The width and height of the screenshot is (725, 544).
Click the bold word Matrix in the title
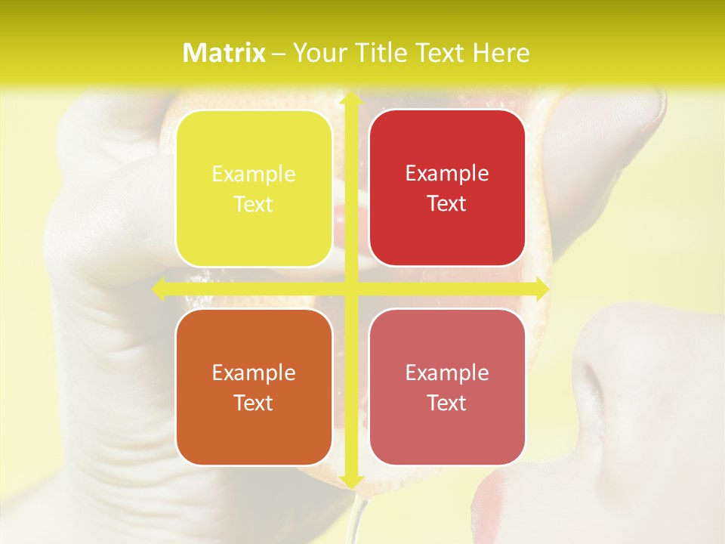(224, 53)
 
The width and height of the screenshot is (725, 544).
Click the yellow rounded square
(254, 188)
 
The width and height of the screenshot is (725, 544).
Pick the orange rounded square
(254, 387)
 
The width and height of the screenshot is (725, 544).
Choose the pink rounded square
(447, 387)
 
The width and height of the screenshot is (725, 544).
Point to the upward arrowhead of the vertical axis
(350, 100)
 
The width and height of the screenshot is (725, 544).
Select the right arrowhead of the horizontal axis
(541, 289)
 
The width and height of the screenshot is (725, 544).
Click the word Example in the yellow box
(254, 174)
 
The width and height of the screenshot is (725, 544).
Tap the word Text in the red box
(447, 203)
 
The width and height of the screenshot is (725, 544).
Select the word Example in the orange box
(254, 372)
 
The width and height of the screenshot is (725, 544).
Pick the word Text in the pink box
(447, 403)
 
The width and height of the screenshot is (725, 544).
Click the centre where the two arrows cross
(350, 289)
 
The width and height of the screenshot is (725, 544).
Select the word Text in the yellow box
(254, 204)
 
